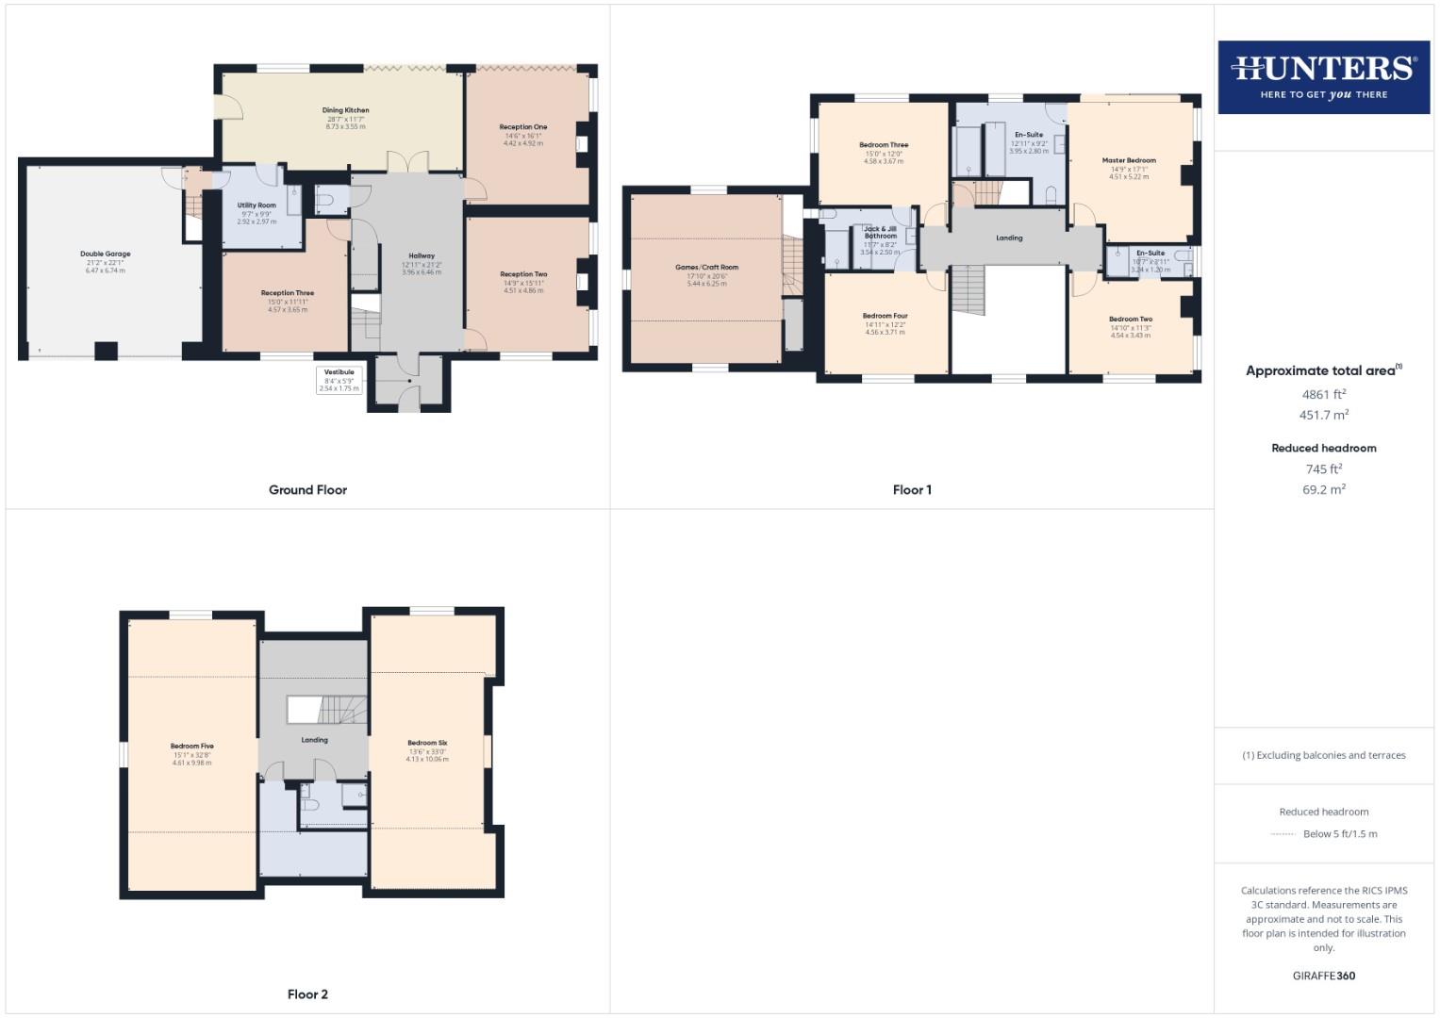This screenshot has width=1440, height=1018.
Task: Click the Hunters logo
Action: coord(1323,76)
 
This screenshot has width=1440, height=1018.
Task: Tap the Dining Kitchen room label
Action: coord(346,110)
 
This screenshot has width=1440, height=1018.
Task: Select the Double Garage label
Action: coord(106,254)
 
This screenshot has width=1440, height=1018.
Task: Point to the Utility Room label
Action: coord(257,205)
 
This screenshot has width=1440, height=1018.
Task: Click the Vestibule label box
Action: coord(339,380)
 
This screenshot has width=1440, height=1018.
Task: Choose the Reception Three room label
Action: coord(288,293)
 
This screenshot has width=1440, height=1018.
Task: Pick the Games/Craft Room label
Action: coord(706,268)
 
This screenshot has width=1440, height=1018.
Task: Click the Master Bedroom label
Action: coord(1129,160)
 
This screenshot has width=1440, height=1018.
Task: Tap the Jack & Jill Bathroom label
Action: coord(880,233)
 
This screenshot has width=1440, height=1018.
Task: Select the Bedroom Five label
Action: coord(192,747)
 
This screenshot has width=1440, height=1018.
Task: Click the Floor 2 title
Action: coord(307,994)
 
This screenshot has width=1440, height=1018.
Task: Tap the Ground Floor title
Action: coord(307,490)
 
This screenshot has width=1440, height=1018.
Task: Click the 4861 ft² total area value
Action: coord(1323,394)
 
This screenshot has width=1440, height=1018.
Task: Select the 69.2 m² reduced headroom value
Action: coord(1323,489)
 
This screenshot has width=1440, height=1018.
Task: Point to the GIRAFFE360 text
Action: coord(1323,976)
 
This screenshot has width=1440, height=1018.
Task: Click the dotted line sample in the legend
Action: coord(1283,834)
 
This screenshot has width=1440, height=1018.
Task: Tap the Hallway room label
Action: coord(422,256)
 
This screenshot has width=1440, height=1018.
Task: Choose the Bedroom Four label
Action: coord(885,317)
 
